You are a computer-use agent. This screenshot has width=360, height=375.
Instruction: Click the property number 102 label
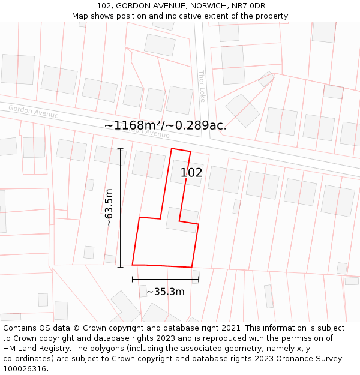click(x=191, y=173)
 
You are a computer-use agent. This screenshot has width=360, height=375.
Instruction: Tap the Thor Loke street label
click(x=202, y=86)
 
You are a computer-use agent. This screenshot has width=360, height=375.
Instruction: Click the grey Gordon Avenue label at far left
click(x=34, y=112)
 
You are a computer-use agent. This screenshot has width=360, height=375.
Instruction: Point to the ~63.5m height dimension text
click(x=109, y=207)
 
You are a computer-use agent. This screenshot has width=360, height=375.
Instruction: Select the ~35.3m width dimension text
click(x=165, y=292)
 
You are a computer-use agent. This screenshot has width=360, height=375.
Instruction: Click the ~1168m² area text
click(x=131, y=125)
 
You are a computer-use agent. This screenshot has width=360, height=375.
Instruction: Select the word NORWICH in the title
click(x=207, y=6)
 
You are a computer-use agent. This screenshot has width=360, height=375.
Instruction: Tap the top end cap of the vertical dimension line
click(x=121, y=148)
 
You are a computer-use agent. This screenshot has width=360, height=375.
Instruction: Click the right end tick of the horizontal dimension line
click(x=199, y=279)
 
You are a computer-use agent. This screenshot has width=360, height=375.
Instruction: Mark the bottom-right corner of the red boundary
click(x=191, y=267)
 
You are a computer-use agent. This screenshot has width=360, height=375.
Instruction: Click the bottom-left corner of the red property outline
click(x=133, y=264)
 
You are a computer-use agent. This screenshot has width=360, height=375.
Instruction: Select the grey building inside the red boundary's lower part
click(x=182, y=220)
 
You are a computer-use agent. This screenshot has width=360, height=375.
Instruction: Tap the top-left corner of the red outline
click(x=172, y=148)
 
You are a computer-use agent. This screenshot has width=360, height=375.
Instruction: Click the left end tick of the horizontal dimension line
click(x=133, y=279)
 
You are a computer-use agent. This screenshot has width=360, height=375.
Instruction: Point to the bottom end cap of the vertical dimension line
click(x=121, y=267)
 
